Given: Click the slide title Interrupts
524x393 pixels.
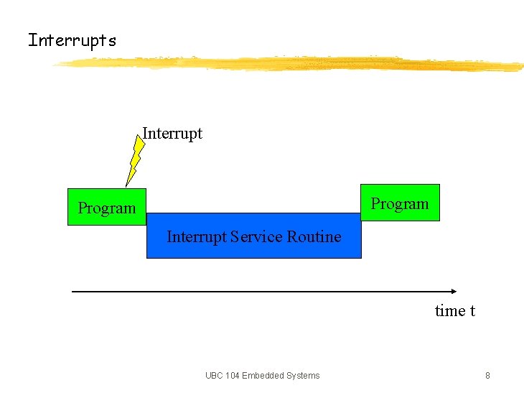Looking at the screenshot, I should (72, 40).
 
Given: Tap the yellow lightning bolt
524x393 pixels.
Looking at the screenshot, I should (134, 160).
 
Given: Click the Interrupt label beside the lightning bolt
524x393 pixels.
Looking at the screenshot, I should (172, 134).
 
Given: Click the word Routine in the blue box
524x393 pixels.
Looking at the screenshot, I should (314, 236).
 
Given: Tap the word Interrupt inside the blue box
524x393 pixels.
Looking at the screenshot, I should (197, 236).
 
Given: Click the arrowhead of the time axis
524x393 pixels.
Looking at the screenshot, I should (453, 291).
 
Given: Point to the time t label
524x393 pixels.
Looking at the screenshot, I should (455, 311).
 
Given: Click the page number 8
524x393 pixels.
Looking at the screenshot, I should (487, 375).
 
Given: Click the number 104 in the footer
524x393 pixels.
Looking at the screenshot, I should (231, 375).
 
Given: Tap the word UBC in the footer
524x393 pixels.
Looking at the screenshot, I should (214, 375).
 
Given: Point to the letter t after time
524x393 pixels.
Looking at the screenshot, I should (472, 311).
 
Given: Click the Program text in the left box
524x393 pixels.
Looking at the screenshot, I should (107, 208).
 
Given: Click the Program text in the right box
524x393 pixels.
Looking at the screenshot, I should (400, 204).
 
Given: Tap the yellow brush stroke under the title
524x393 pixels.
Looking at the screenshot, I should (287, 64).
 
